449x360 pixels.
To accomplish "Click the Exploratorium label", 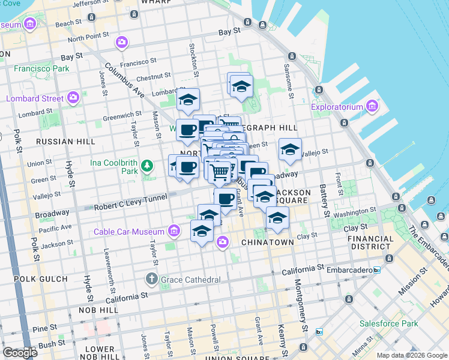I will pos(337,107).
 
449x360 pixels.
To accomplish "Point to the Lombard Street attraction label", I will pos(35,98).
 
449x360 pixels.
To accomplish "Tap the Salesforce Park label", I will pos(388,323).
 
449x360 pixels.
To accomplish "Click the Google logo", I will pos(20,352).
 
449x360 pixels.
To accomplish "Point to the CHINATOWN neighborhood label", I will pos(267,242).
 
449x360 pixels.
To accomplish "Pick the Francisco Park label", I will pos(35,69).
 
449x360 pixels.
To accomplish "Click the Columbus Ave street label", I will pos(125,80).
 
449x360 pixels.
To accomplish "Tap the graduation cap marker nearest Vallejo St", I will pos(290,150).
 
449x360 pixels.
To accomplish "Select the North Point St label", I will pos(88,38).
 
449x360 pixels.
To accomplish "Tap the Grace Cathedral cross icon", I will pos(151,279).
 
